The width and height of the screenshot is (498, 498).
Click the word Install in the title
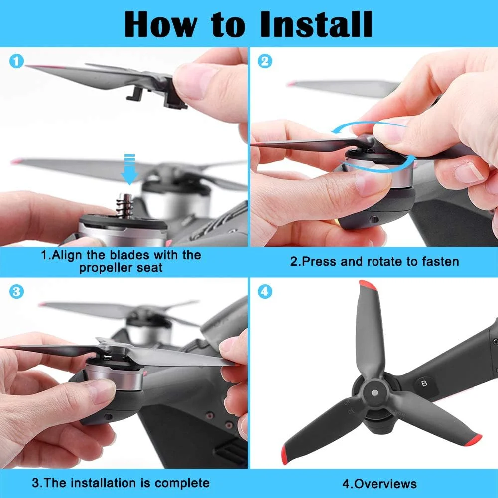(x=316, y=24)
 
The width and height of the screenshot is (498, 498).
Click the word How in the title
(x=161, y=24)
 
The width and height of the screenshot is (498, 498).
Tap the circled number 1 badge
(x=17, y=61)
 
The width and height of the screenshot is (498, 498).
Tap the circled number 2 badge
(x=265, y=61)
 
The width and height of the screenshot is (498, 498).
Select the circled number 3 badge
(x=17, y=291)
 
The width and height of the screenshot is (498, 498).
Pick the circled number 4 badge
(x=265, y=291)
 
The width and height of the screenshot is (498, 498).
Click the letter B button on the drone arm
(x=424, y=383)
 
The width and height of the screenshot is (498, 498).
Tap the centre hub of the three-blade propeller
(x=375, y=393)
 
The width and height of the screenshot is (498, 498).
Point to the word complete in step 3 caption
(x=182, y=483)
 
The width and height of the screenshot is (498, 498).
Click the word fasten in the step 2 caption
(x=441, y=262)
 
